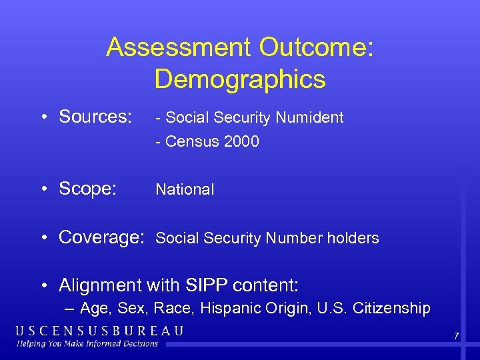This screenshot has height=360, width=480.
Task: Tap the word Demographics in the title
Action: [x=240, y=79]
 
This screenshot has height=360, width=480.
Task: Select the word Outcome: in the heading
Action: [x=317, y=47]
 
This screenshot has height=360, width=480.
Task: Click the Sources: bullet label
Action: [x=95, y=117]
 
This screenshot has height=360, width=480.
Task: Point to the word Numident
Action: [x=310, y=118]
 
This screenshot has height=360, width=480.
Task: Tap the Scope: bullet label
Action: [x=87, y=189]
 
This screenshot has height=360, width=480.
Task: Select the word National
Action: [x=185, y=189]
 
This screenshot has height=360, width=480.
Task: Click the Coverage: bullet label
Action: [x=102, y=237]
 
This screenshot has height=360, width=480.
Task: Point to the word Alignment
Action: [x=100, y=285]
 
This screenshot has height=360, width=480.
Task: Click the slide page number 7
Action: [x=456, y=336]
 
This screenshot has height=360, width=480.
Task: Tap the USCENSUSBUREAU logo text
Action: [x=99, y=331]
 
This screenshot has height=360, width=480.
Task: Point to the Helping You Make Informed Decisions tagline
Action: [x=87, y=343]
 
